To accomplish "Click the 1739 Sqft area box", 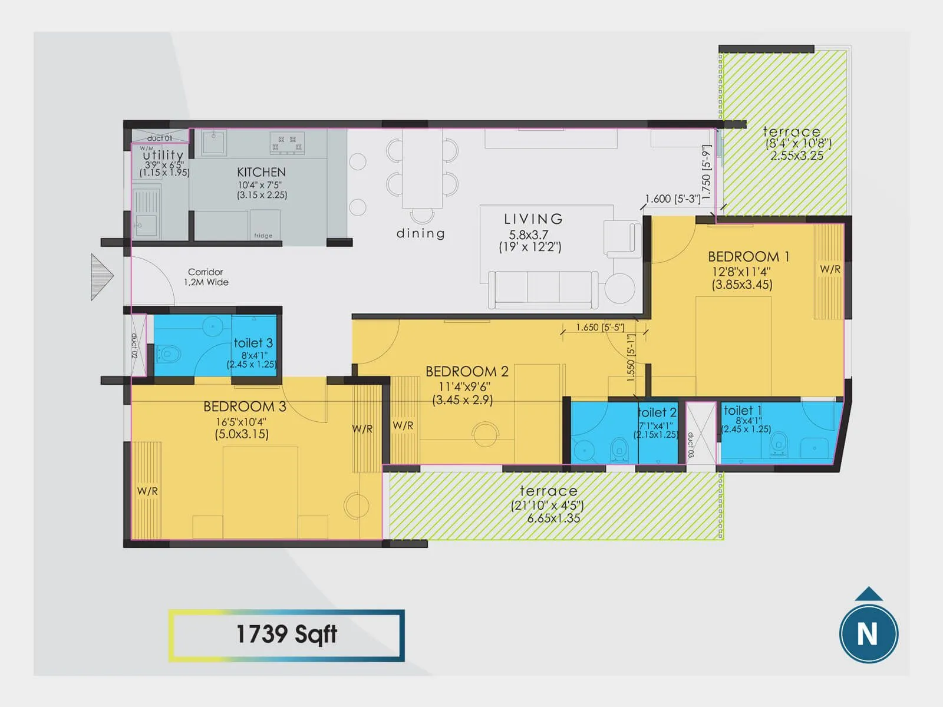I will (x=286, y=635).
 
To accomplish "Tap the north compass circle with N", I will (x=868, y=633).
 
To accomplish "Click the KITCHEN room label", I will (x=261, y=172).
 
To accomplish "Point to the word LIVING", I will (x=533, y=219).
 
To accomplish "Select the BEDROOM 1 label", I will (x=748, y=257).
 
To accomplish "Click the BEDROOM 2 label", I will (x=467, y=372).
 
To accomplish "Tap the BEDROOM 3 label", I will (x=245, y=407).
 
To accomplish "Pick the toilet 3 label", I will (x=253, y=343).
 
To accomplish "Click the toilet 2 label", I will (x=657, y=412).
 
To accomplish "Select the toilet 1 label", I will (x=743, y=411).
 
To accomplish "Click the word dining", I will (x=420, y=233).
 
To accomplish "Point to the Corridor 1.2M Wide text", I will (x=206, y=277).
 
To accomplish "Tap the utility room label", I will (x=163, y=155).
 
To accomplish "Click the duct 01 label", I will (x=160, y=138).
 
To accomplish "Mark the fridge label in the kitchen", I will (x=263, y=236).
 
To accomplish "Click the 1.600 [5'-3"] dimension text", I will (x=672, y=199).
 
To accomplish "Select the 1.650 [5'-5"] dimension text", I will (x=600, y=327).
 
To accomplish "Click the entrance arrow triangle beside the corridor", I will (x=101, y=276).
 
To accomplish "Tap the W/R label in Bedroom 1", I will (x=830, y=269).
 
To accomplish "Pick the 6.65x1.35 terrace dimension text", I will (x=553, y=518).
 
